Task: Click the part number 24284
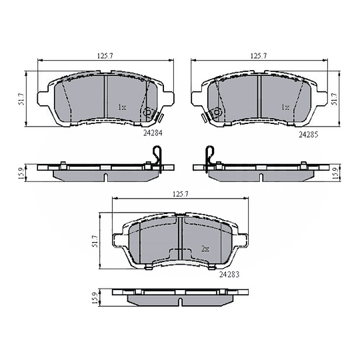153,133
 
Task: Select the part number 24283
228,274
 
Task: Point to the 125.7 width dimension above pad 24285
257,55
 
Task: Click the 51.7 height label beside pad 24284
22,98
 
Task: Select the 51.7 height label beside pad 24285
335,98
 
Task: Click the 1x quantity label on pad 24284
121,107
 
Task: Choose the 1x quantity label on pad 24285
285,107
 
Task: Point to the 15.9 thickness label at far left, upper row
22,172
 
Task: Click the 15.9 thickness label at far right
335,172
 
